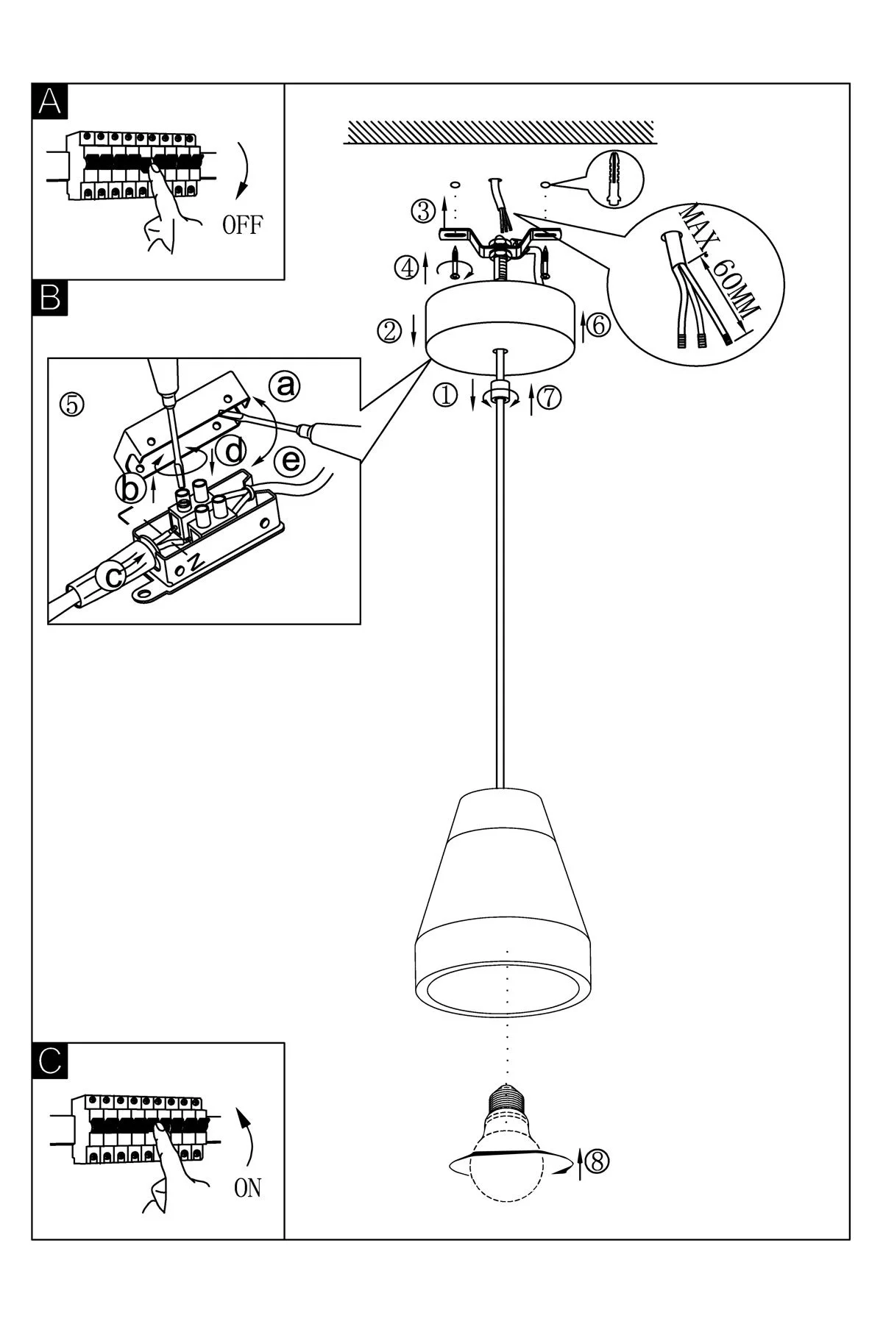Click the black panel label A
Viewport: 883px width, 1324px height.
(x=49, y=101)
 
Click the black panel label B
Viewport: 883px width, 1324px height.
(x=49, y=298)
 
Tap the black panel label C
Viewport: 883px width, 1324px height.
(x=49, y=1061)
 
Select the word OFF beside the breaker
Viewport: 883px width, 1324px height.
(x=242, y=224)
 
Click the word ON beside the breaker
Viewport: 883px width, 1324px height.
(x=247, y=1188)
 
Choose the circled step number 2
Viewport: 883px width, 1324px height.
(x=390, y=331)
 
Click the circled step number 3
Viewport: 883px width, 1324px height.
(x=423, y=212)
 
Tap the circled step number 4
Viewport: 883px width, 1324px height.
(x=405, y=265)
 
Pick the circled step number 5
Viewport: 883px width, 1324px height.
(x=72, y=404)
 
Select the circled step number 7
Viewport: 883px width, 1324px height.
(x=550, y=396)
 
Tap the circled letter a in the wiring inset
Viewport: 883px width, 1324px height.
(x=286, y=385)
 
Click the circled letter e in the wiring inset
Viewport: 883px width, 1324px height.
(x=291, y=461)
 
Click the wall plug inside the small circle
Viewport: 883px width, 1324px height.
(x=615, y=179)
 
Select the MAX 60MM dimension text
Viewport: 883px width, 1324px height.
(x=719, y=263)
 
